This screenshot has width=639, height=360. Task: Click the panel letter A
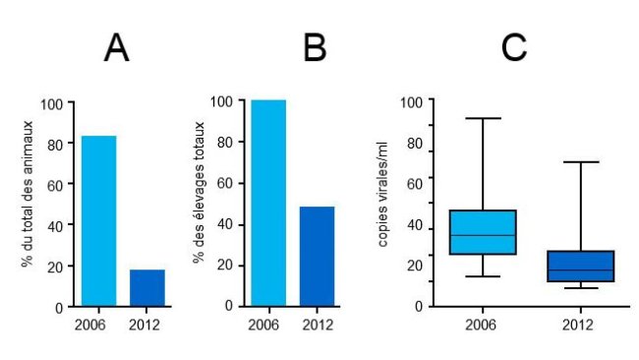coord(116,48)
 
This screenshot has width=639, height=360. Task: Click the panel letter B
coord(315,48)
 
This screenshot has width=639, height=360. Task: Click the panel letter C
coord(514,48)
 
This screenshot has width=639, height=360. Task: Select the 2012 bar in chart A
coord(147,287)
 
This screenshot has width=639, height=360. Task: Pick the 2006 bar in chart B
coord(268,203)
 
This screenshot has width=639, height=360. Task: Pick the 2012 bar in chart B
coord(317,256)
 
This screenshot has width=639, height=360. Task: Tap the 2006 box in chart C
coord(483,232)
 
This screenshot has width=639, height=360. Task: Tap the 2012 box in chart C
coord(580,267)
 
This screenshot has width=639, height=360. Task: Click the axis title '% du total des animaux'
coord(28,203)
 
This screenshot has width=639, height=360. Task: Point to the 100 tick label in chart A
coord(51,103)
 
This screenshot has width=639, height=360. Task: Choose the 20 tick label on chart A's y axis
coord(54,266)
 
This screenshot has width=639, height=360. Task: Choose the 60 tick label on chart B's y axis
coord(225,183)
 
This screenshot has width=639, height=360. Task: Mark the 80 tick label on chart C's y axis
coord(413,145)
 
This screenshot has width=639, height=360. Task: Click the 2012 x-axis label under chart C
coord(580,323)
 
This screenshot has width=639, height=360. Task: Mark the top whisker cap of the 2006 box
coord(483,118)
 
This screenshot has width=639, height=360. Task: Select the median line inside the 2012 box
coord(580,270)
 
